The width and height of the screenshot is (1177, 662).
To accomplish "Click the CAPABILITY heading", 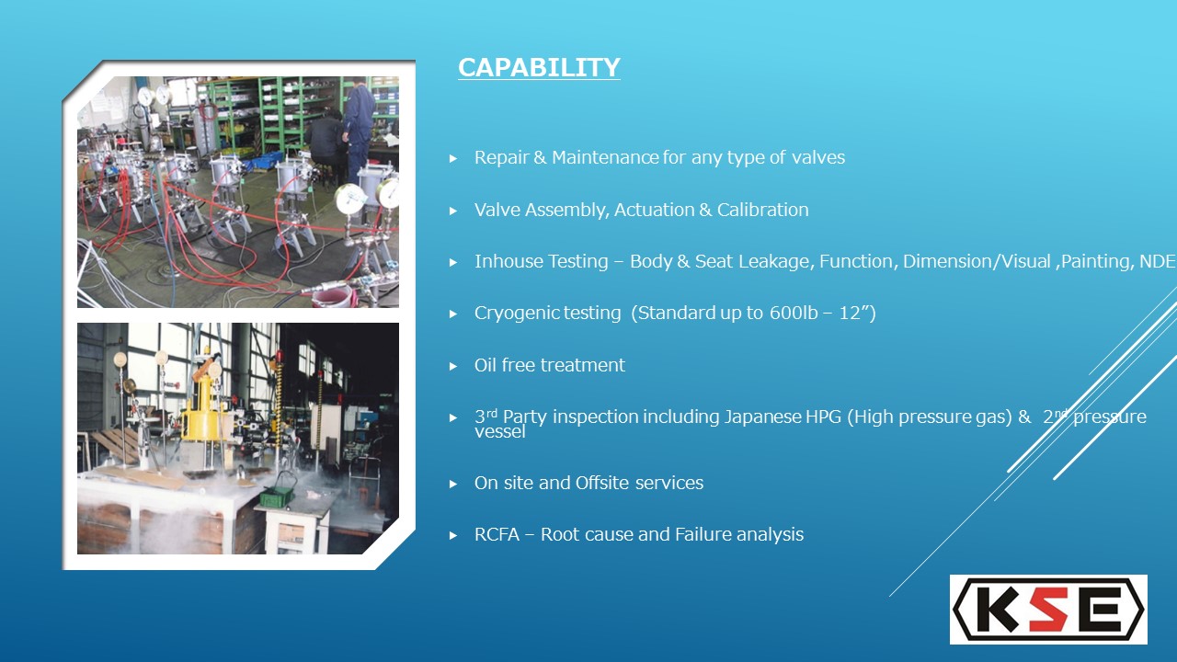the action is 539,67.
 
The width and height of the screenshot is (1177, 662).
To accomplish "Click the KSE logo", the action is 1048,610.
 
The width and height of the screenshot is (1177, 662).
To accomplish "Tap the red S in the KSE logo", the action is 1049,610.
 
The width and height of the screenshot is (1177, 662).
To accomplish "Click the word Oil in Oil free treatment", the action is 485,365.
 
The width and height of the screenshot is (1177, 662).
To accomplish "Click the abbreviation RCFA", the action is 497,534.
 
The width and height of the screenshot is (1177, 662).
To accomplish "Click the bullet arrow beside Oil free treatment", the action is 453,366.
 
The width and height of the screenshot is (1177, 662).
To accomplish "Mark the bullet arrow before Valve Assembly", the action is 453,211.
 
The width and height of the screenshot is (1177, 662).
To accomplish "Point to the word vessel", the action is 499,432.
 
